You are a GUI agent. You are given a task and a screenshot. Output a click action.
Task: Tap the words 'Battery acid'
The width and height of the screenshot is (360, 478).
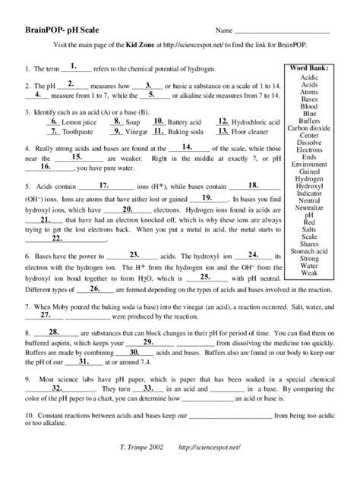[182, 122]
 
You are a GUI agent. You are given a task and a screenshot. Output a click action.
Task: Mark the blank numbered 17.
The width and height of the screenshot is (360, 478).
[105, 185]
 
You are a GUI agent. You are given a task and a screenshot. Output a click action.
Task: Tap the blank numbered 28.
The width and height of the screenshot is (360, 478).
[53, 333]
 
